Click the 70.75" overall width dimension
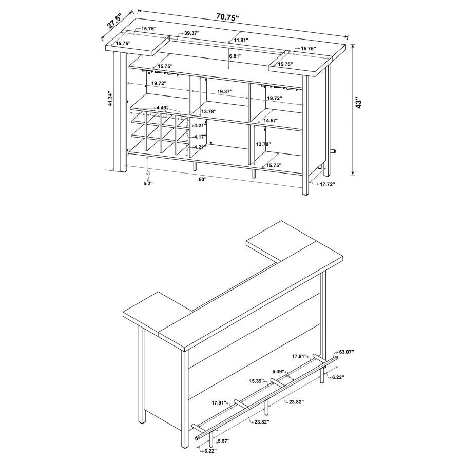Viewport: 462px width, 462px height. tap(228, 17)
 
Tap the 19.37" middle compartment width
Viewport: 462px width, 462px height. tap(224, 91)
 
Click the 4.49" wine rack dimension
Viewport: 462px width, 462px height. tap(162, 108)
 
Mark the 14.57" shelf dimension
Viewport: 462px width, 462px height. tap(271, 120)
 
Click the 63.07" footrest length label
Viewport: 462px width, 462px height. tap(346, 352)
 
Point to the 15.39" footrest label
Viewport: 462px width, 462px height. tap(257, 381)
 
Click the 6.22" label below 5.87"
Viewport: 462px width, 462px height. tap(209, 451)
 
